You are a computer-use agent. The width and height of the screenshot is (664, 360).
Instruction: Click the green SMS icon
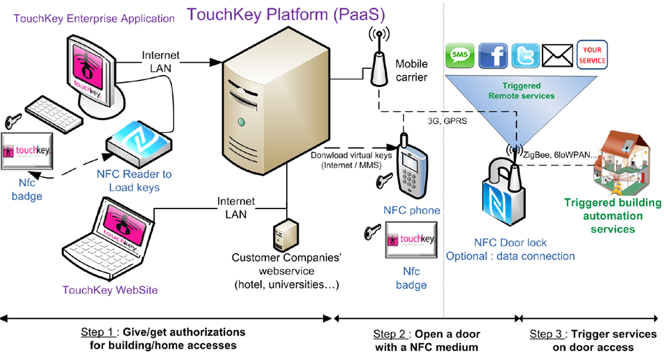(459, 55)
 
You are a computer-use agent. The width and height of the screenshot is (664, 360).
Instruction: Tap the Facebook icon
(493, 55)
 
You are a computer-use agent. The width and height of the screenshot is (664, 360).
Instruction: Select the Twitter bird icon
(526, 55)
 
